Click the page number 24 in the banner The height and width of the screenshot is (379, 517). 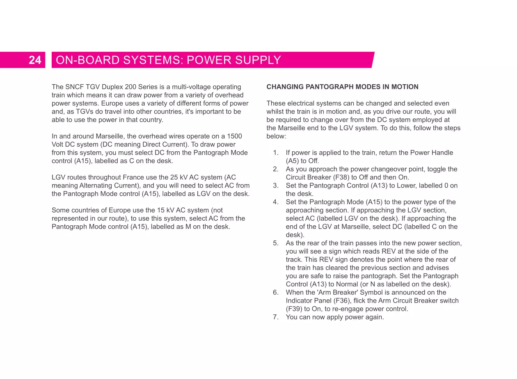pyautogui.click(x=35, y=60)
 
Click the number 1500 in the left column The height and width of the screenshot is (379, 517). pyautogui.click(x=234, y=136)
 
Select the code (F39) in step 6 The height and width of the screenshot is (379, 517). pyautogui.click(x=294, y=309)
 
